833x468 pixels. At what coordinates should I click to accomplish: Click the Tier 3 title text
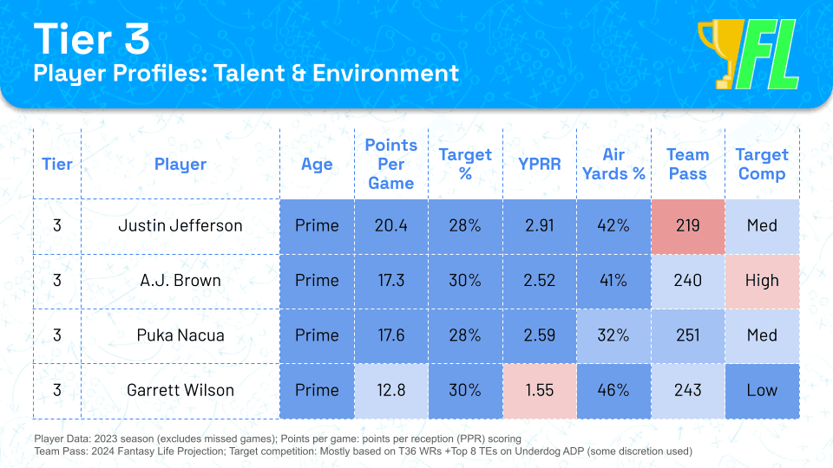point(91,39)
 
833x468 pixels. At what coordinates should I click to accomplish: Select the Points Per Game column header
point(390,164)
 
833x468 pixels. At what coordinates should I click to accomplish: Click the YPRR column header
point(540,164)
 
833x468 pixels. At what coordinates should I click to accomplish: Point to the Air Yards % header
point(613,164)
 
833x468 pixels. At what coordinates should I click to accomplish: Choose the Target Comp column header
point(762,164)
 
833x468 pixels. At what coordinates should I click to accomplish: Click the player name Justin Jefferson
point(180,225)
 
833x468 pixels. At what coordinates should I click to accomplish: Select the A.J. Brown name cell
point(180,281)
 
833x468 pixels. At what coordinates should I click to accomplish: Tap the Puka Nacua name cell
point(180,335)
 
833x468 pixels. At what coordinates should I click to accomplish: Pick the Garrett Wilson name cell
point(180,390)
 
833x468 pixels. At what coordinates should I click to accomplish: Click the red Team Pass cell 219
point(687,225)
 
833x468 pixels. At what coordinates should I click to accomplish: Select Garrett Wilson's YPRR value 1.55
point(540,390)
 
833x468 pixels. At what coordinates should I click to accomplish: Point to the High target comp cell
point(762,281)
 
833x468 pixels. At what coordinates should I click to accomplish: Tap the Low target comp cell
point(762,390)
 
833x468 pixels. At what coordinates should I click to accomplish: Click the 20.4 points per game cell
point(390,225)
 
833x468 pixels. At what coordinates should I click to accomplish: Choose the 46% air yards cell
point(613,390)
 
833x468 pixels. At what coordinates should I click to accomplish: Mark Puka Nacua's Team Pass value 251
point(687,335)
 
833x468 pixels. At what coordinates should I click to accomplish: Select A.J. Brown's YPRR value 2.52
point(540,281)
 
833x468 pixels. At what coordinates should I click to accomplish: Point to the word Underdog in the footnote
point(538,451)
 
